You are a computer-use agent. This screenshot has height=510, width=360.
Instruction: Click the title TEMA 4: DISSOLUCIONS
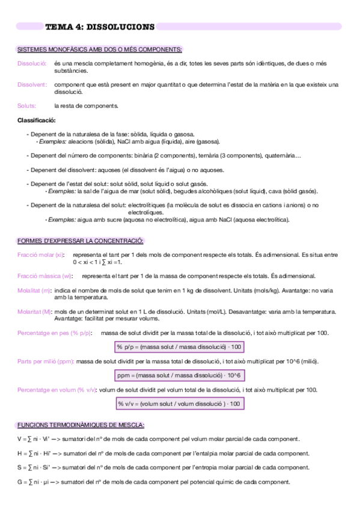(x=100, y=26)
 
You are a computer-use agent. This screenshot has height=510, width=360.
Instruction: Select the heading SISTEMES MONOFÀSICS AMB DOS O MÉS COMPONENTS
(x=100, y=49)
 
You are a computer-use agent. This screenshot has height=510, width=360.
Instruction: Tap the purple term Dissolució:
(x=32, y=63)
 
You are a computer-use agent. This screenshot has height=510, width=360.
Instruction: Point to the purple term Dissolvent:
(x=32, y=85)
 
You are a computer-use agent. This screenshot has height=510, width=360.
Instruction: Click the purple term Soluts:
(x=27, y=106)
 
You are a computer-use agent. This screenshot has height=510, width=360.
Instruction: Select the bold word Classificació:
(x=37, y=120)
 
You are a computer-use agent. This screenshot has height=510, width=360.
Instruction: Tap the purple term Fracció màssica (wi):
(x=45, y=276)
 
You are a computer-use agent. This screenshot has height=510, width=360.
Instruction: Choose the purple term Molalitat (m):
(x=35, y=290)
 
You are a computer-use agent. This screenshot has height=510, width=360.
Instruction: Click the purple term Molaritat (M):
(x=35, y=312)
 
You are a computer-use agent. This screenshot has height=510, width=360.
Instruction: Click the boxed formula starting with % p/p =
(x=179, y=347)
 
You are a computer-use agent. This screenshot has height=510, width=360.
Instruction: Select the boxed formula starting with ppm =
(x=179, y=375)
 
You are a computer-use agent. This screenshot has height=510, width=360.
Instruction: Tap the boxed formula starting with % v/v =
(x=179, y=404)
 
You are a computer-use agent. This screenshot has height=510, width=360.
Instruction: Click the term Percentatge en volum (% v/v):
(x=56, y=390)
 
